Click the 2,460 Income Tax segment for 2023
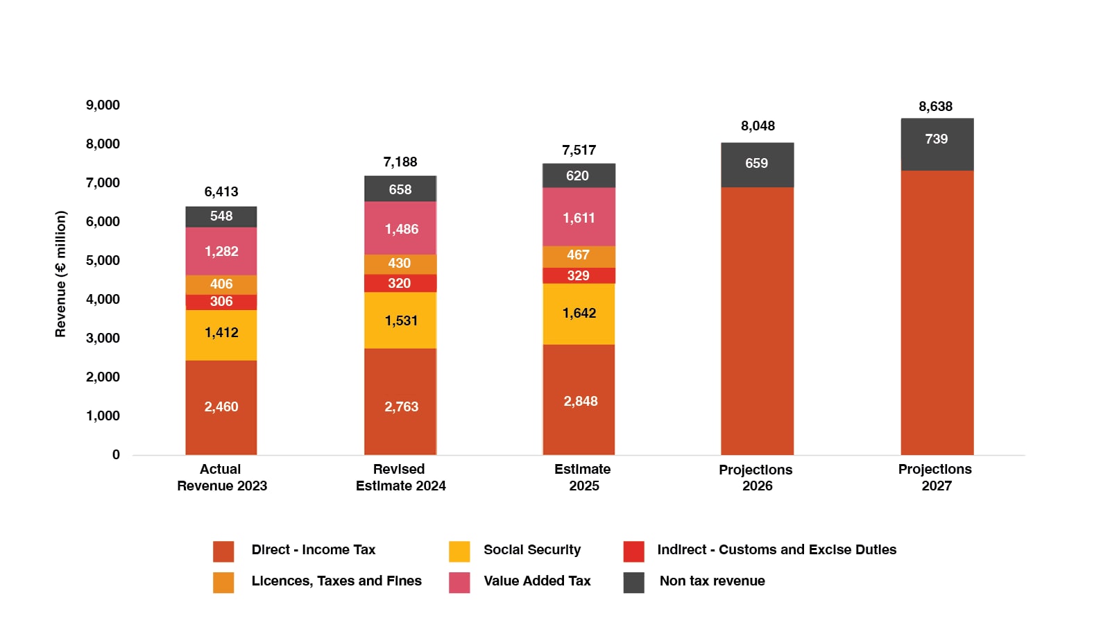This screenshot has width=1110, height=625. tap(221, 407)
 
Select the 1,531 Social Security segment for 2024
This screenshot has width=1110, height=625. tap(400, 320)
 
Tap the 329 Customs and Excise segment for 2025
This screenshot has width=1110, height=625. tap(579, 275)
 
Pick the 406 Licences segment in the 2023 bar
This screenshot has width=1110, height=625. tap(221, 284)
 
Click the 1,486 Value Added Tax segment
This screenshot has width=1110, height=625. tap(401, 229)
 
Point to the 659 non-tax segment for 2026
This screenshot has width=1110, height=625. tap(757, 164)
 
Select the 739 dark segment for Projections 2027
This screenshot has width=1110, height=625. tap(937, 139)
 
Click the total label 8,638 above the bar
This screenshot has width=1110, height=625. tap(935, 107)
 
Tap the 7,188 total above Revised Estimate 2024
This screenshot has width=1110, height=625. tap(400, 162)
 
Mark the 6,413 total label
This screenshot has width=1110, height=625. tap(221, 192)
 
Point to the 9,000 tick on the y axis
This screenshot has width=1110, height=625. tap(103, 105)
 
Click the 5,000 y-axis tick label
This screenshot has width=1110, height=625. tap(103, 261)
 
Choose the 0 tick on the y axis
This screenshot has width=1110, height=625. tap(116, 455)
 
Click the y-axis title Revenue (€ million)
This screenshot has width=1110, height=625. tap(61, 274)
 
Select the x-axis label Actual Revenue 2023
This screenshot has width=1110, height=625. tap(221, 477)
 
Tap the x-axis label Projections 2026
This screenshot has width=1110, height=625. tap(756, 478)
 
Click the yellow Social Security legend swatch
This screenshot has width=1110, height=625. tap(459, 551)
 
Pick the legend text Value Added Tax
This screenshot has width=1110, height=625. tap(537, 581)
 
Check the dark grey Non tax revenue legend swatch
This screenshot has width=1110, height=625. tap(633, 583)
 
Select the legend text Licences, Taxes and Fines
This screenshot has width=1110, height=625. tap(336, 581)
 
